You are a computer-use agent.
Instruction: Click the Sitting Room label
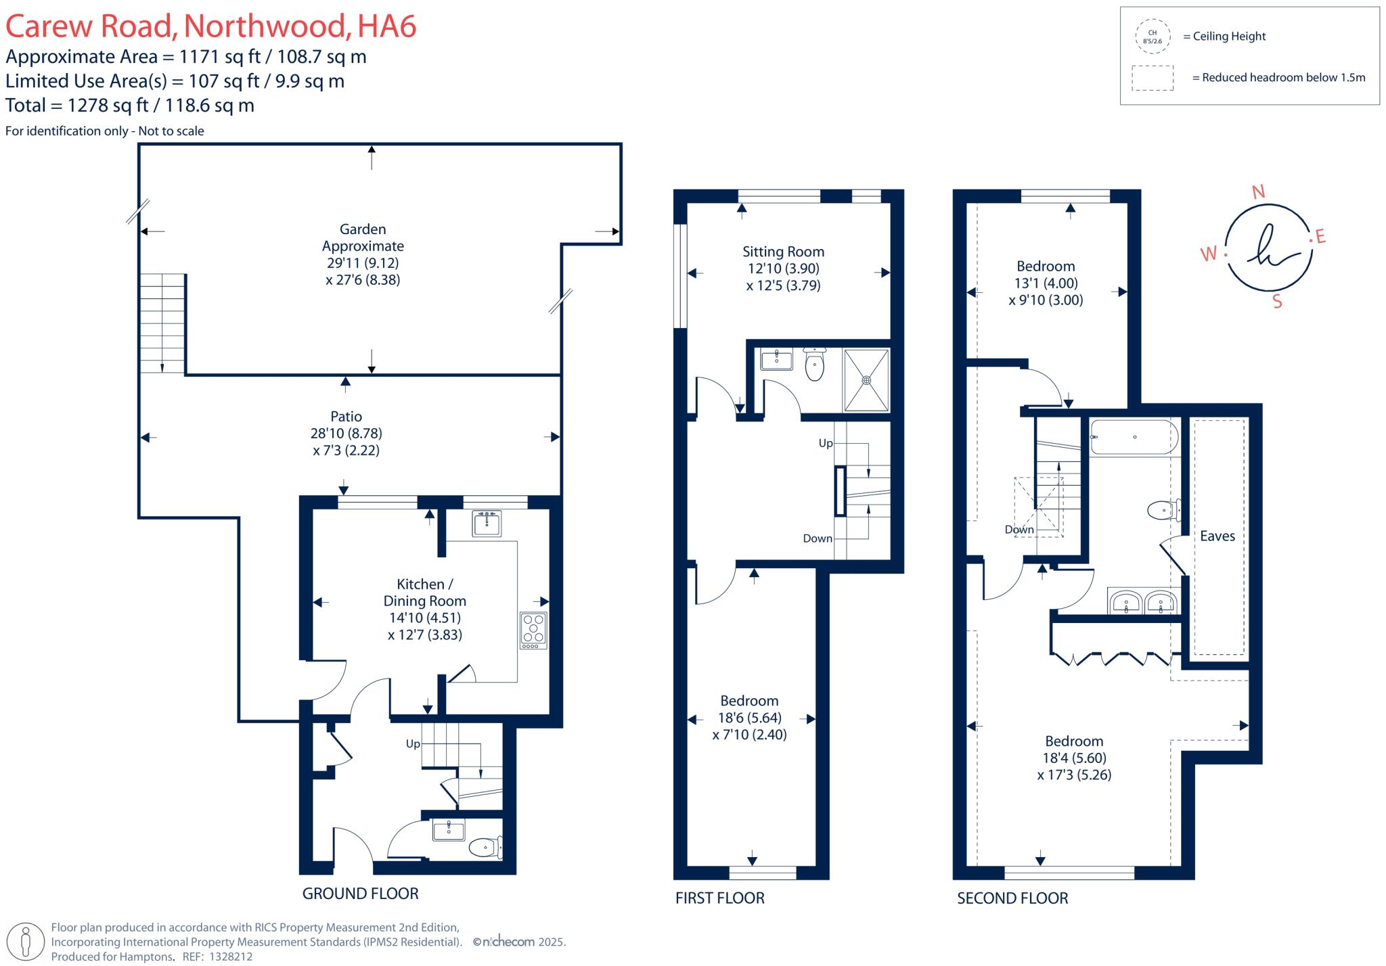pyautogui.click(x=783, y=252)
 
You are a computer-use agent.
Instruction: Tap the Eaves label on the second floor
pyautogui.click(x=1217, y=536)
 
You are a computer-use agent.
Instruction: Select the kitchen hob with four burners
pyautogui.click(x=533, y=630)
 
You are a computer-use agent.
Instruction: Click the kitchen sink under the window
pyautogui.click(x=487, y=523)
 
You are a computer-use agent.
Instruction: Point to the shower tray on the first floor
pyautogui.click(x=866, y=380)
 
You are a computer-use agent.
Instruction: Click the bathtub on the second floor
pyautogui.click(x=1134, y=437)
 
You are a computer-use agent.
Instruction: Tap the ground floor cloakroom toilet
pyautogui.click(x=485, y=847)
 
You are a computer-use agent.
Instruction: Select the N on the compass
pyautogui.click(x=1258, y=192)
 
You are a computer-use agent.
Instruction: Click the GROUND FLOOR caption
pyautogui.click(x=360, y=894)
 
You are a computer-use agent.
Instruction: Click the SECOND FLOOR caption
pyautogui.click(x=1012, y=898)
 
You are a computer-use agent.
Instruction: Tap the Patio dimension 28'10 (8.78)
pyautogui.click(x=346, y=434)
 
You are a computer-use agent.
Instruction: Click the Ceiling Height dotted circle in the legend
pyautogui.click(x=1152, y=37)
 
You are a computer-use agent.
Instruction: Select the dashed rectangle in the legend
pyautogui.click(x=1152, y=78)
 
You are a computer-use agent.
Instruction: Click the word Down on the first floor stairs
pyautogui.click(x=817, y=538)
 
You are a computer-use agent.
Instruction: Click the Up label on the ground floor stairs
pyautogui.click(x=413, y=743)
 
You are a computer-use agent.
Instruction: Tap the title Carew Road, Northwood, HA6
pyautogui.click(x=210, y=26)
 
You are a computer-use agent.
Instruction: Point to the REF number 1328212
pyautogui.click(x=231, y=957)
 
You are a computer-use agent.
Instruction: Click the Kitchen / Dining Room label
pyautogui.click(x=424, y=593)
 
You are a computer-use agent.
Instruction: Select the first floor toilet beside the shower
pyautogui.click(x=814, y=366)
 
